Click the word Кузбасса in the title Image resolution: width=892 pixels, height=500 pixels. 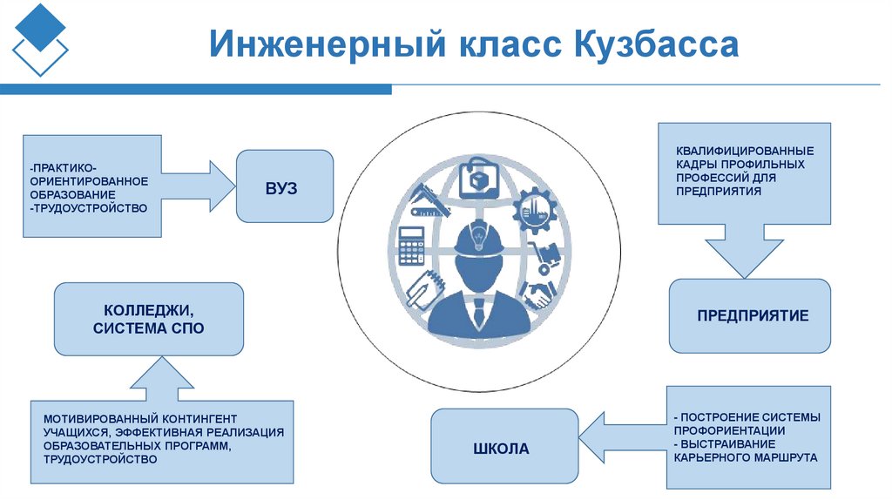click(655, 44)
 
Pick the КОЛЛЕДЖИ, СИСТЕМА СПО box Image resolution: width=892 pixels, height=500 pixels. click(148, 319)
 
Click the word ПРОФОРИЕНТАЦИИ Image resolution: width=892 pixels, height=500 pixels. click(729, 430)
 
